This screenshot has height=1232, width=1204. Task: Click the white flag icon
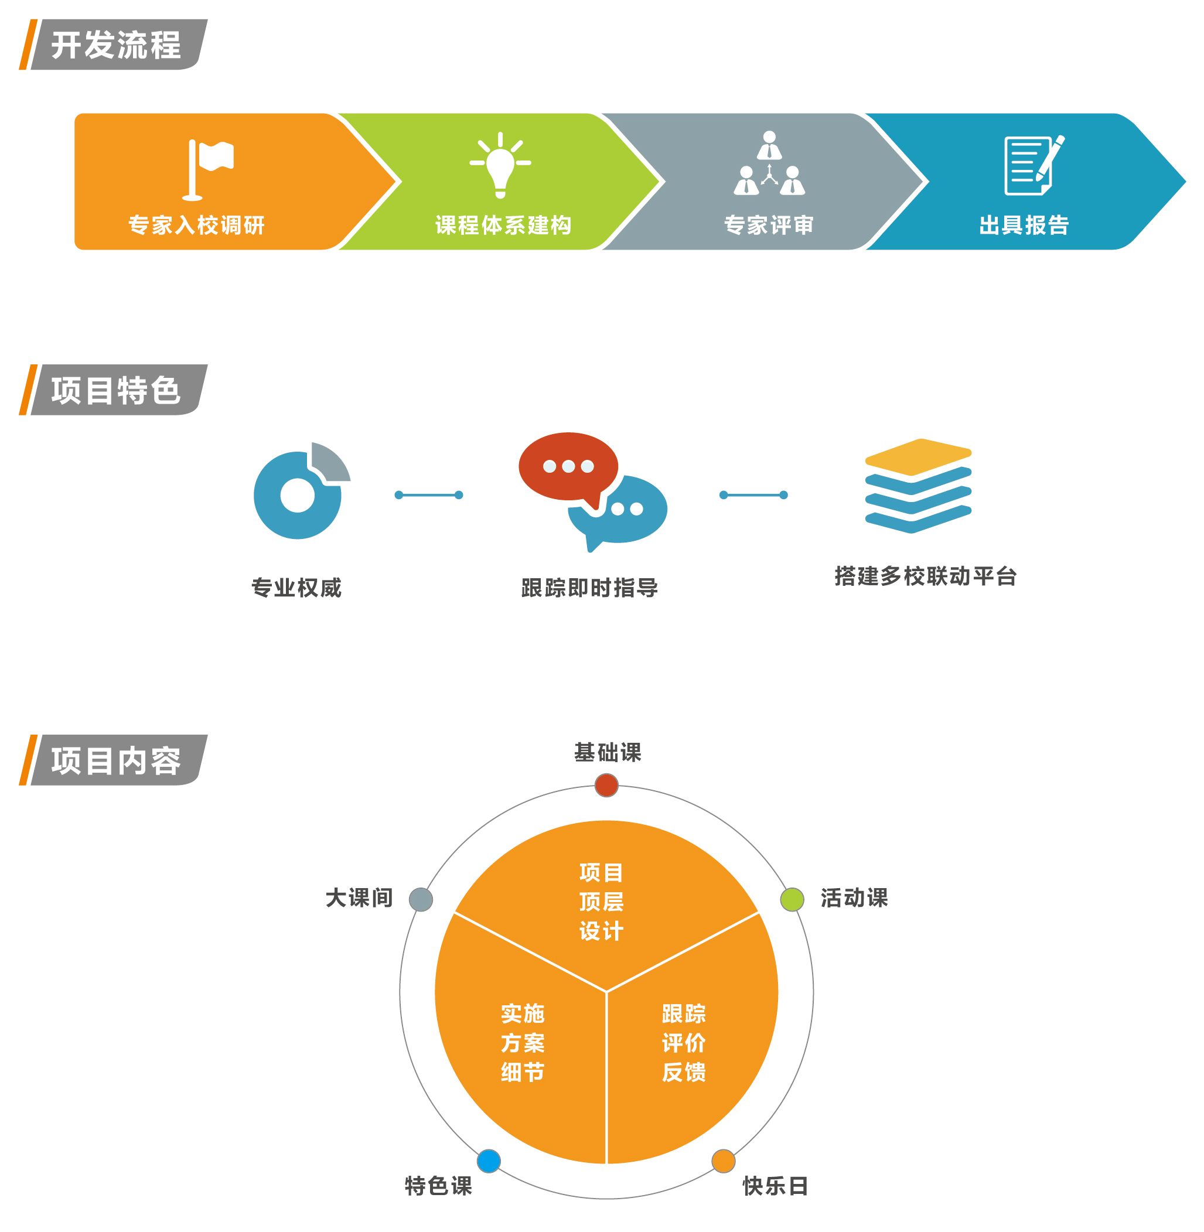(x=209, y=168)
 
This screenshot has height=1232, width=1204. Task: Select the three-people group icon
(x=769, y=163)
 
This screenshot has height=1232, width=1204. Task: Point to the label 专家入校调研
(x=196, y=225)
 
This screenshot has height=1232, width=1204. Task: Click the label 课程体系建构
(x=503, y=225)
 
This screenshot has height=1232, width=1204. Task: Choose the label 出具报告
(x=1024, y=225)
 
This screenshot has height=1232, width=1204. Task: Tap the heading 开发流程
(x=117, y=45)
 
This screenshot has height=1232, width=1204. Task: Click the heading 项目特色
(x=117, y=390)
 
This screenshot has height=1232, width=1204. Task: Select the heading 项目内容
(x=117, y=760)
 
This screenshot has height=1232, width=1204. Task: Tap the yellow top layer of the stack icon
(x=918, y=455)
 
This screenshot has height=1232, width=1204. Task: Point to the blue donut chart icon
(x=297, y=495)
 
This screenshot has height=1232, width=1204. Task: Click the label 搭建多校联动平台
(x=925, y=576)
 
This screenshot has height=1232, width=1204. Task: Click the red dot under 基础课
(x=606, y=786)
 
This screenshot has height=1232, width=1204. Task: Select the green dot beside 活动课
(x=792, y=899)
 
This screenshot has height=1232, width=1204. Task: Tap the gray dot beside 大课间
(x=421, y=899)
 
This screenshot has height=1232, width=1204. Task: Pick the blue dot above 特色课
(x=489, y=1161)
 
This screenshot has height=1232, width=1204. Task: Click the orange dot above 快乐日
(x=724, y=1161)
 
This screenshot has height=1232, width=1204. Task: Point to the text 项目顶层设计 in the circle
(x=601, y=902)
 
